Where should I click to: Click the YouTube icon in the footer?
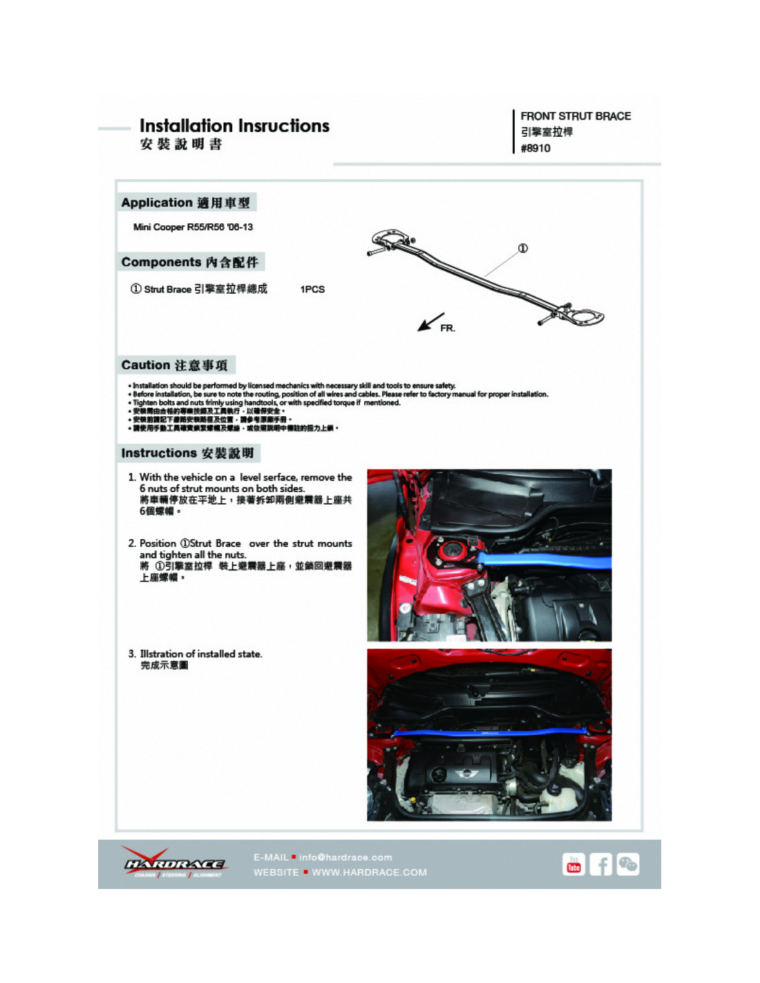573,864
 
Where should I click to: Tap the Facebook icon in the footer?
600,864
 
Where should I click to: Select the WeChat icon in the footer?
627,864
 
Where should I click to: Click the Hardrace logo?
173,863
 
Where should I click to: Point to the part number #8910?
535,148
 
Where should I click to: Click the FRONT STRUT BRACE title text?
576,116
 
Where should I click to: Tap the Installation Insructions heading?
234,126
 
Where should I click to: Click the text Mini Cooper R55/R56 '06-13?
193,227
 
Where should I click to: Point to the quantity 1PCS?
312,289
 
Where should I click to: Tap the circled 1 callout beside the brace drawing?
523,248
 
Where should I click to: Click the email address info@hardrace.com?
345,857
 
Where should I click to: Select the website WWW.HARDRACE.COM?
369,872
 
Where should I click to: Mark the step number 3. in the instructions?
132,654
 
